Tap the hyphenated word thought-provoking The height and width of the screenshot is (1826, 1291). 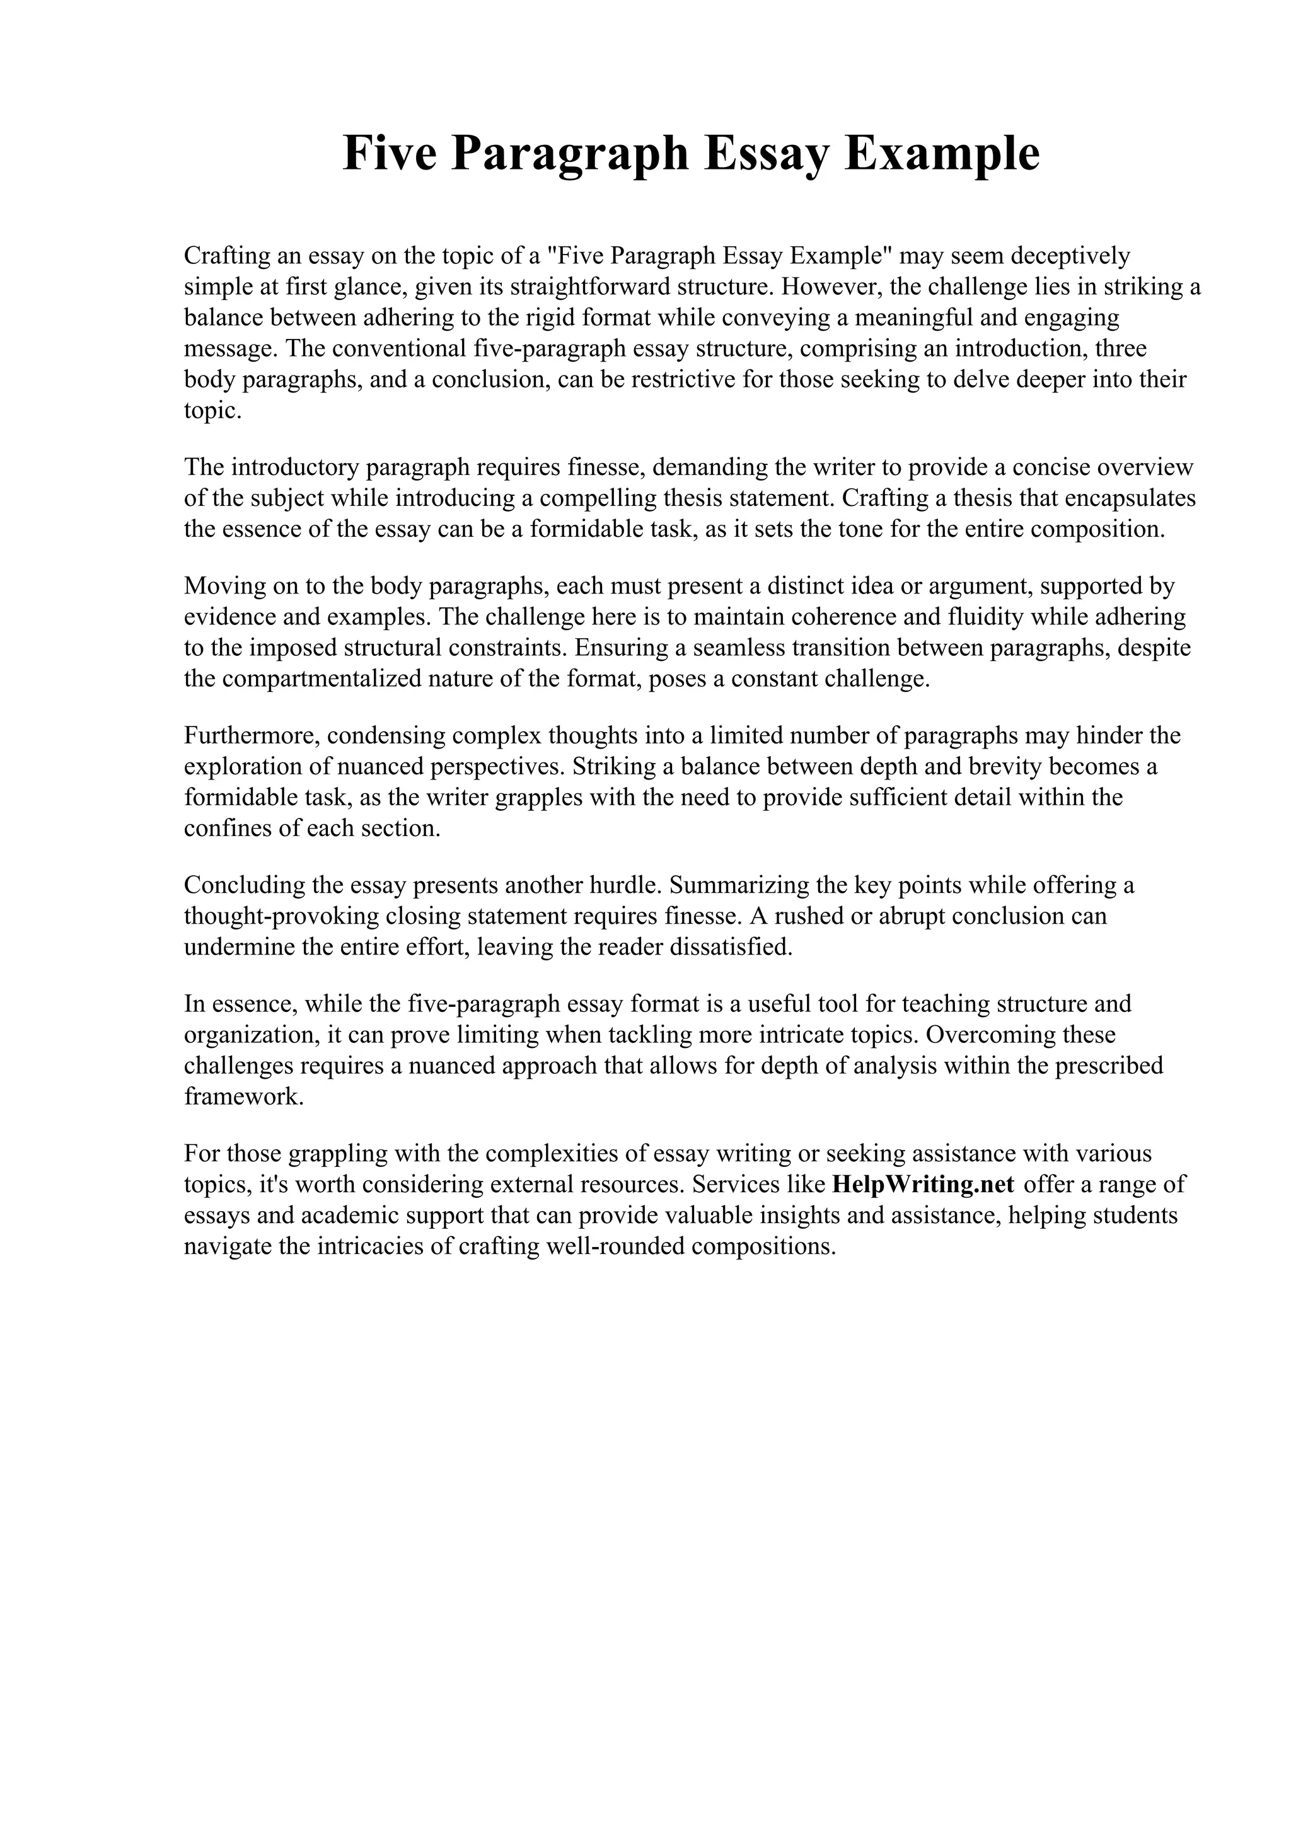pos(282,916)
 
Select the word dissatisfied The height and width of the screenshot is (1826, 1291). pos(729,946)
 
